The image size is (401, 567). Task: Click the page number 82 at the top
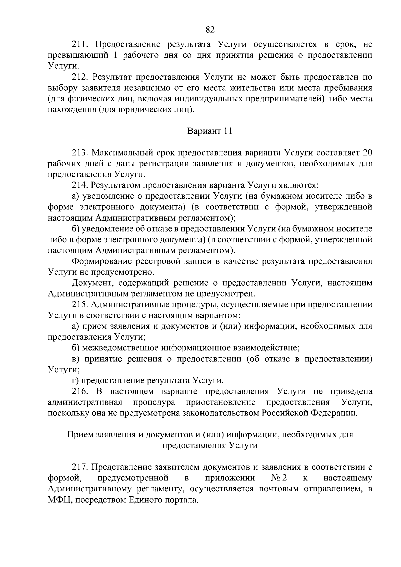[x=210, y=30]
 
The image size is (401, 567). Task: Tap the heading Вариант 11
[x=210, y=131]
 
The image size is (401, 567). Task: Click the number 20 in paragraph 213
[x=367, y=153]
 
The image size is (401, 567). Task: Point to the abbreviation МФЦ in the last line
[x=59, y=500]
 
